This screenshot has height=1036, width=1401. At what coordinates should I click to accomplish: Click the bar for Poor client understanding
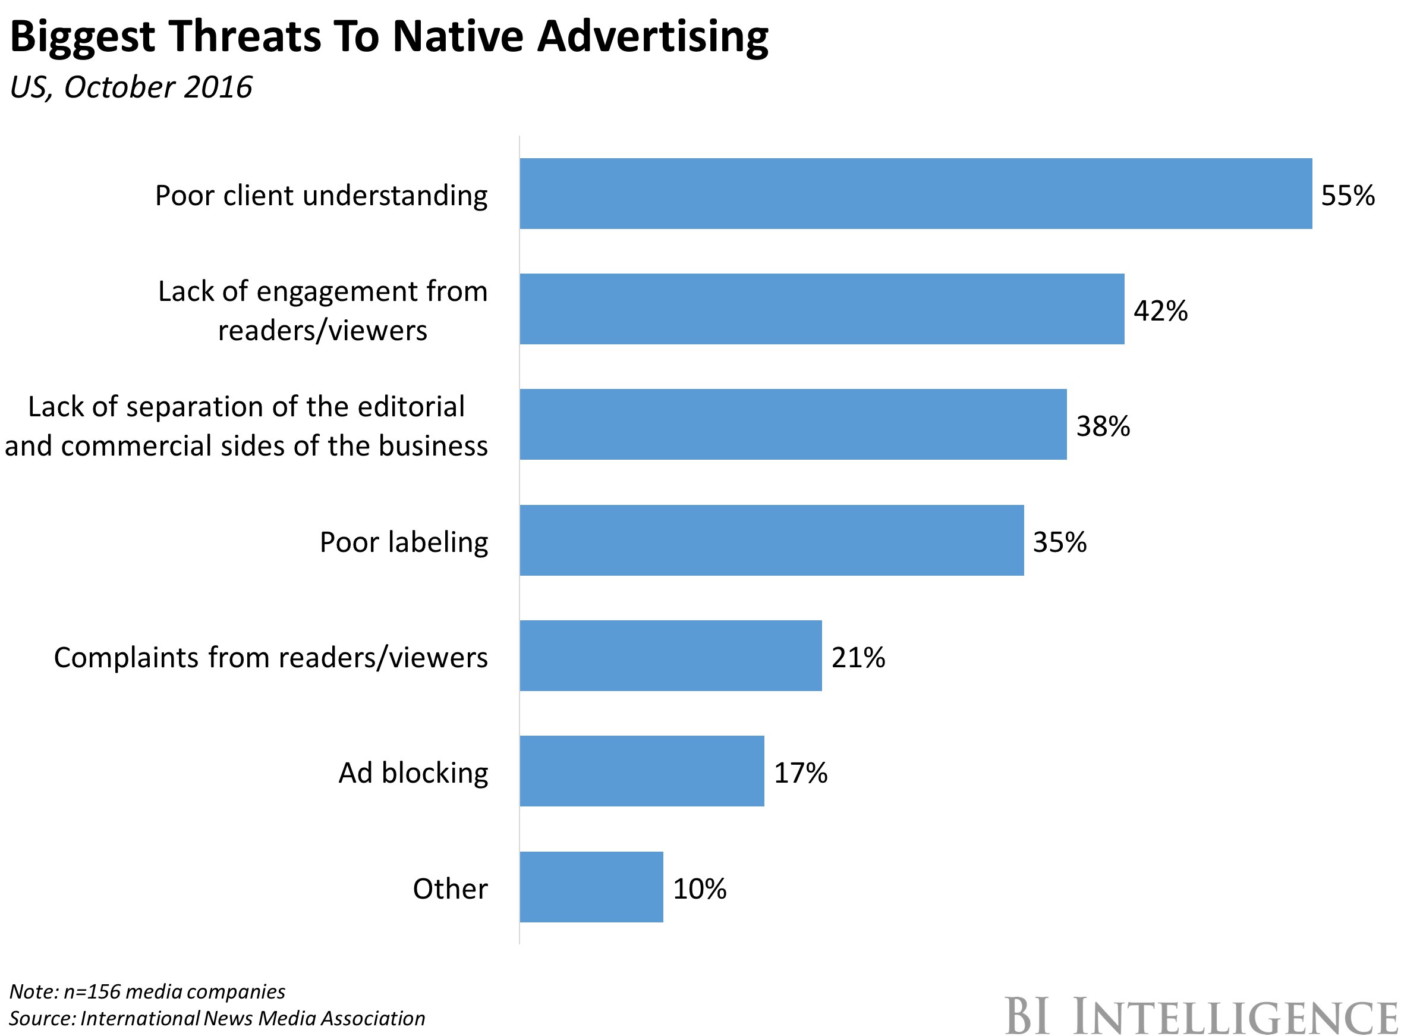pos(915,193)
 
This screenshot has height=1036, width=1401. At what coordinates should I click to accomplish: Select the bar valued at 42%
pos(821,309)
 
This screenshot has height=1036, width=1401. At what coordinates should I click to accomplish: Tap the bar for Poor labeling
pos(771,540)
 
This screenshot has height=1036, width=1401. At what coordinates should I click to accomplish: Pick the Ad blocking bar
pos(641,771)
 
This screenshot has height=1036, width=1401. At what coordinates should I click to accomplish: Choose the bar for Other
pos(590,887)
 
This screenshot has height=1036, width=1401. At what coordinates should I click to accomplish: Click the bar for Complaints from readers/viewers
pos(670,655)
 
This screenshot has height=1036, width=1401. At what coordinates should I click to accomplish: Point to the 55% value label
pos(1347,196)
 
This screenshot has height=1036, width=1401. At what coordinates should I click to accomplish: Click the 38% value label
pos(1103,426)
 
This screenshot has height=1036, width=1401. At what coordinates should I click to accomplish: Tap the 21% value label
pos(858,657)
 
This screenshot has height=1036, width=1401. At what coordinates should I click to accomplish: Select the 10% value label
pos(699,889)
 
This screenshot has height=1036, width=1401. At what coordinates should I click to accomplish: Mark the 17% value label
pos(800,773)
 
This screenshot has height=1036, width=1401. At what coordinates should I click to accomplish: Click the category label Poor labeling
pos(403,542)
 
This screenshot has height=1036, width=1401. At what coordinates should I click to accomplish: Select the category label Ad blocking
pos(413,773)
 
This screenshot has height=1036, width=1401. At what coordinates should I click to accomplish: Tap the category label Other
pos(449,889)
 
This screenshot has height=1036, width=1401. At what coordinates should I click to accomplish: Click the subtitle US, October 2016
pos(130,87)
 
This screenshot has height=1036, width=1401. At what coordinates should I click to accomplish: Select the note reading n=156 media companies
pos(147,991)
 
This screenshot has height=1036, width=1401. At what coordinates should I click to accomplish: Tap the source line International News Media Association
pos(216,1018)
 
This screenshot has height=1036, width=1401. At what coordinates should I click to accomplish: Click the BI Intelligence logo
pos(1201,1015)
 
